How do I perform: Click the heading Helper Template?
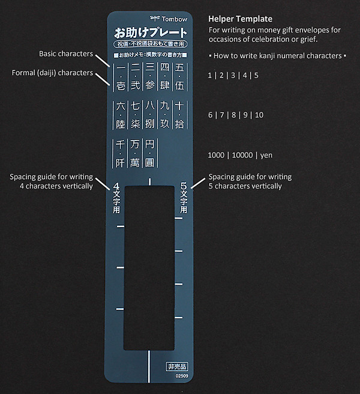coord(239,19)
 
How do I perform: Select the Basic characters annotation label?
coord(66,54)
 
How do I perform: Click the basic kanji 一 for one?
coord(121,68)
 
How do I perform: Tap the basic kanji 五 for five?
coord(179,68)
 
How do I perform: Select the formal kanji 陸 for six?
coord(121,125)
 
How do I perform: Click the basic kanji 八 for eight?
coord(150,106)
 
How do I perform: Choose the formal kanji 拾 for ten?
coord(179,125)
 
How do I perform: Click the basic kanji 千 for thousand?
coord(121,145)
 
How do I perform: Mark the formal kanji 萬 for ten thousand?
coord(136,163)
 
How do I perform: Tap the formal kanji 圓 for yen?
coord(150,163)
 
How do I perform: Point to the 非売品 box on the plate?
coord(177,365)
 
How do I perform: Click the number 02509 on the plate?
coord(181,376)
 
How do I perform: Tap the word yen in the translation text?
coord(266,155)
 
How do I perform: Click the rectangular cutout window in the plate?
coord(149,267)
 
